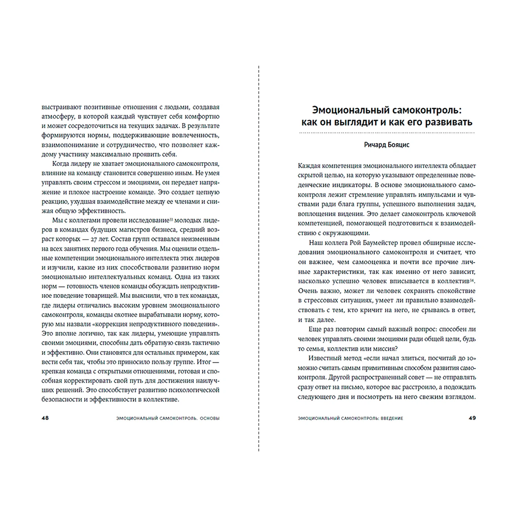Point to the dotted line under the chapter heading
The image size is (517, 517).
tap(387, 134)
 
